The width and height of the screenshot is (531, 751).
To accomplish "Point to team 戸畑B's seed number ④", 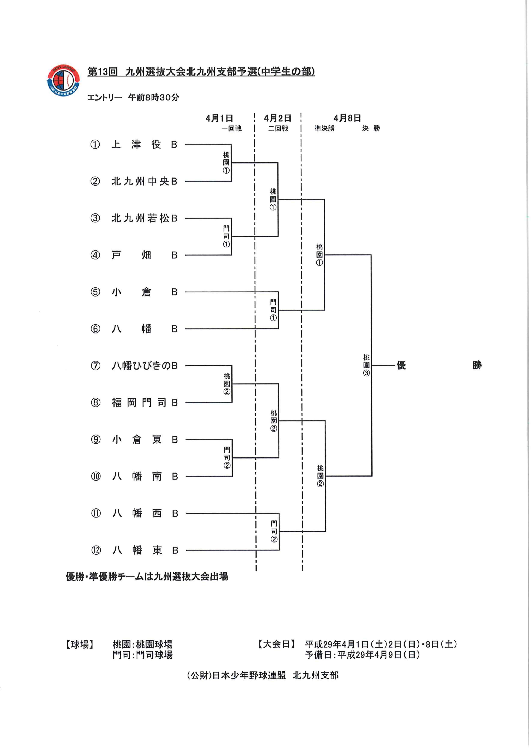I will pos(95,255).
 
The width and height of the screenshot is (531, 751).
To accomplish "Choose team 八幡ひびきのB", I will pos(145,366).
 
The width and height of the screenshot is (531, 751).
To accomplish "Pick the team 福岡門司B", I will pos(145,403).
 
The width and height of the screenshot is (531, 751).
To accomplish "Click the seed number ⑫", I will pos(96,550).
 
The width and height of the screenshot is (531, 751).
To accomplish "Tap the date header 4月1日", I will pos(219,118).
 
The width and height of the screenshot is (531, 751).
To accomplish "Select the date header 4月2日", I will pos(277,118).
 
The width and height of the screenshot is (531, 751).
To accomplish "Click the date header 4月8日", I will pos(347,118).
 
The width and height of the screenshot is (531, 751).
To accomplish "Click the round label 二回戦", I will pos(278,128).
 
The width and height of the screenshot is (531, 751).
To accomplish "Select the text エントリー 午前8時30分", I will pos(133,97).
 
